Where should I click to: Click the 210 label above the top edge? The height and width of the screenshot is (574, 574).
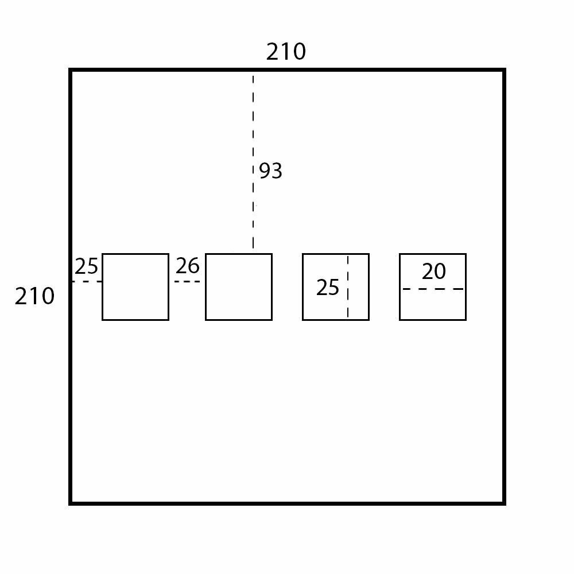(x=286, y=52)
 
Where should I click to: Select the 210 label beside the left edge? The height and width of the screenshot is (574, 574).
(x=34, y=296)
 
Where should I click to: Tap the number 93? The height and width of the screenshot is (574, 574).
(x=270, y=171)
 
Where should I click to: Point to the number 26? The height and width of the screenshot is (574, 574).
(x=187, y=266)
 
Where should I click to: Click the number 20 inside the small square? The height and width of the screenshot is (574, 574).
(x=433, y=272)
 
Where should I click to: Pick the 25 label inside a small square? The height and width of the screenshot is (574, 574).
(x=327, y=288)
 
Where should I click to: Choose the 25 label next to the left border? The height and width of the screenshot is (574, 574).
(x=86, y=267)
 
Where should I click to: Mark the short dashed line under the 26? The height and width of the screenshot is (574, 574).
(x=187, y=281)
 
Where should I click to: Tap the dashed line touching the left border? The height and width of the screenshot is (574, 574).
(x=87, y=281)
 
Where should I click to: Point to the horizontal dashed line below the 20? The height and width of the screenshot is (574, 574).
(x=433, y=289)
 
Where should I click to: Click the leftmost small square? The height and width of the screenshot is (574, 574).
(x=135, y=298)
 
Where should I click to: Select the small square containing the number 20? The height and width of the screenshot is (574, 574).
(x=433, y=304)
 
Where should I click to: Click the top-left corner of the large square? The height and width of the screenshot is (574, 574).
(x=71, y=70)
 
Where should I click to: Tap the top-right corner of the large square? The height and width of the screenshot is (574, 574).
(x=504, y=70)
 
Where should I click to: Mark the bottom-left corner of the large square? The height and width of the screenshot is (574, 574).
(x=71, y=503)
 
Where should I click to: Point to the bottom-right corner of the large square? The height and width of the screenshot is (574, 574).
(x=504, y=503)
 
